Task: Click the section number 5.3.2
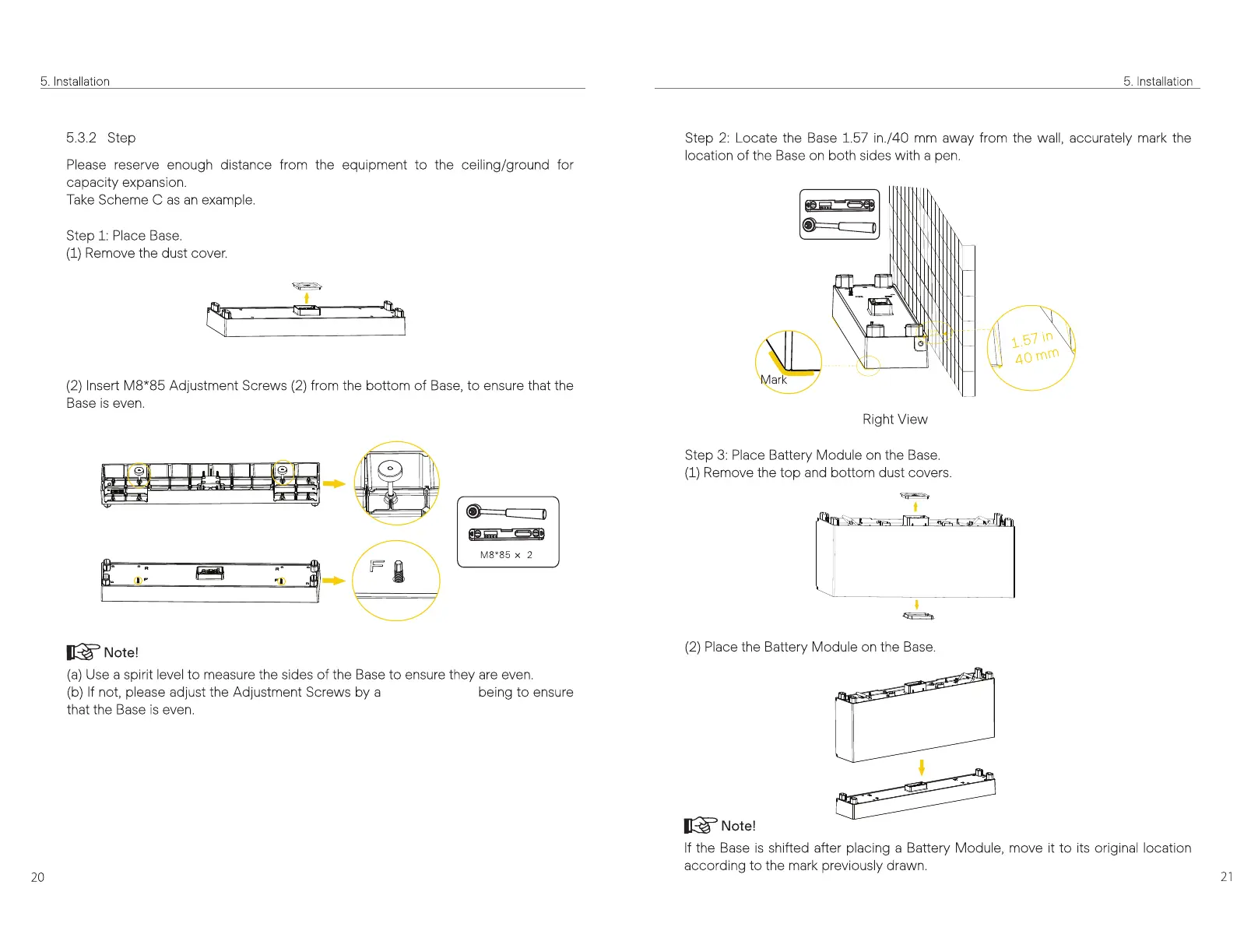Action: pyautogui.click(x=81, y=138)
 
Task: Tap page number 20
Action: pyautogui.click(x=37, y=877)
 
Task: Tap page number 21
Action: pyautogui.click(x=1226, y=876)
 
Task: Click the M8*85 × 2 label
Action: pyautogui.click(x=506, y=555)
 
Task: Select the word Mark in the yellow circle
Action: pyautogui.click(x=773, y=380)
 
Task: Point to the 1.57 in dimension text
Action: pyautogui.click(x=1031, y=339)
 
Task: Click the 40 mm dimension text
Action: pyautogui.click(x=1036, y=356)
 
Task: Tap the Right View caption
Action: pyautogui.click(x=894, y=420)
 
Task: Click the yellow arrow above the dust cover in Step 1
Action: pyautogui.click(x=307, y=297)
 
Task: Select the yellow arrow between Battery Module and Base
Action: pyautogui.click(x=922, y=768)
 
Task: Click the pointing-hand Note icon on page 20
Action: pyautogui.click(x=83, y=652)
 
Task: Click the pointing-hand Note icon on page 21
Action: pyautogui.click(x=701, y=826)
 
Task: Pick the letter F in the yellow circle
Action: pyautogui.click(x=378, y=566)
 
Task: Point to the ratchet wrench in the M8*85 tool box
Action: pyautogui.click(x=507, y=513)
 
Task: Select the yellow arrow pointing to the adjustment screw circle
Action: pyautogui.click(x=334, y=483)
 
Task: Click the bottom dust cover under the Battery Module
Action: pyautogui.click(x=918, y=616)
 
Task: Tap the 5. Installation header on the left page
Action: pyautogui.click(x=75, y=82)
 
